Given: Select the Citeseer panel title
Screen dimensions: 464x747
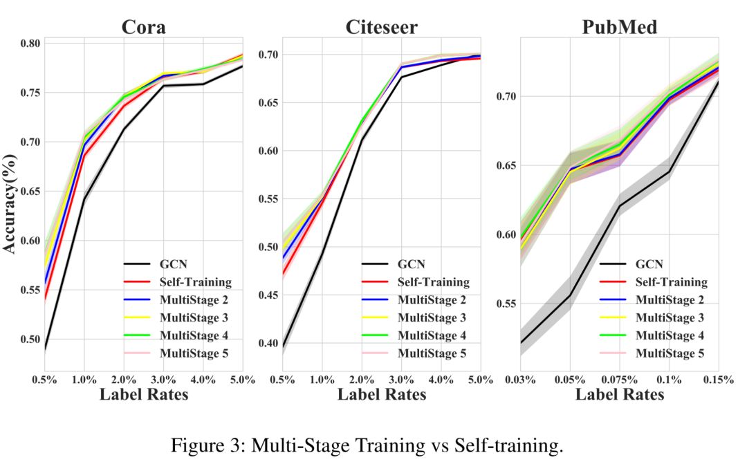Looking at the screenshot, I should click(381, 27).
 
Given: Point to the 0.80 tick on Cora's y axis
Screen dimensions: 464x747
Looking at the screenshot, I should click(30, 44).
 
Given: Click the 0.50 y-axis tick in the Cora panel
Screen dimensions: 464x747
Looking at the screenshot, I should click(30, 340).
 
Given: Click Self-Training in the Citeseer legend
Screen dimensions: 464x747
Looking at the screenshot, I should click(434, 282).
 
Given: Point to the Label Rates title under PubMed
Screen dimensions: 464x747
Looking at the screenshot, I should click(620, 395).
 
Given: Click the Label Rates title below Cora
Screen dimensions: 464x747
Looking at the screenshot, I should click(144, 395).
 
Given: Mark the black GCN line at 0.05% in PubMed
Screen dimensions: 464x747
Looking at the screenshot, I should click(571, 295).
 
